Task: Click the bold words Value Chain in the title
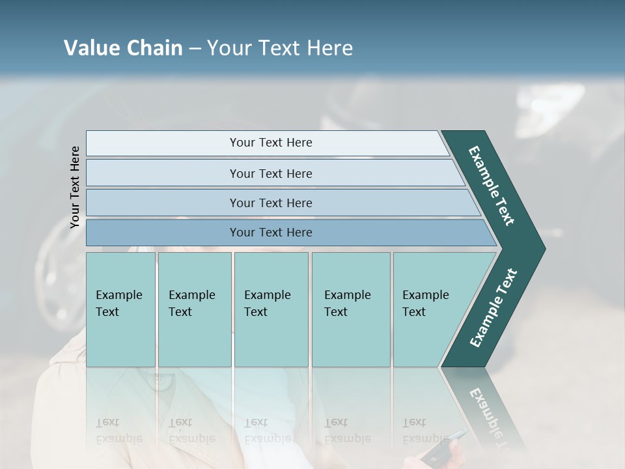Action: (x=123, y=48)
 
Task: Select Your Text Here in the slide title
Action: (x=280, y=48)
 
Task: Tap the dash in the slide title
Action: (x=195, y=49)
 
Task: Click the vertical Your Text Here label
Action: (x=75, y=187)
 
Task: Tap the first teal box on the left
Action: (x=120, y=309)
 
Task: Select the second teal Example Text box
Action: (x=195, y=309)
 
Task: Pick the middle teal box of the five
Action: (x=271, y=309)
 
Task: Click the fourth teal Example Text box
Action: (x=351, y=309)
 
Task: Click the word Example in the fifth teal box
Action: (x=425, y=295)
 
